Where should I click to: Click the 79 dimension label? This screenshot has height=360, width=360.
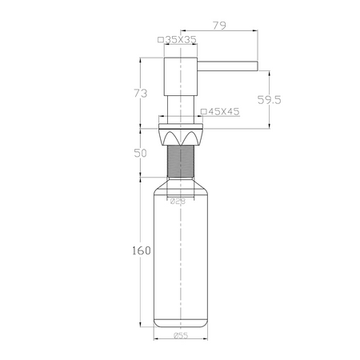pos(219,26)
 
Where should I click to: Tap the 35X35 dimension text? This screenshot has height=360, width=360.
pos(181,39)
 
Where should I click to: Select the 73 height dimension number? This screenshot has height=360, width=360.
pos(141,94)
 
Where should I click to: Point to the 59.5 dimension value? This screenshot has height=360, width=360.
pos(270,100)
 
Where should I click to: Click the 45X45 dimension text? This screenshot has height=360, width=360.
pos(224,111)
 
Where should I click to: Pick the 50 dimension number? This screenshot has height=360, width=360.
pos(140,154)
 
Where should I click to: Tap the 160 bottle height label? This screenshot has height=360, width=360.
pos(142,250)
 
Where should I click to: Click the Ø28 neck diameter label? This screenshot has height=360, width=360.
pos(178,202)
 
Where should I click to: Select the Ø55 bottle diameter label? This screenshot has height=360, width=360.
pos(181,335)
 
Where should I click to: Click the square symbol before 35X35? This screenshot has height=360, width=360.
pos(161,40)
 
